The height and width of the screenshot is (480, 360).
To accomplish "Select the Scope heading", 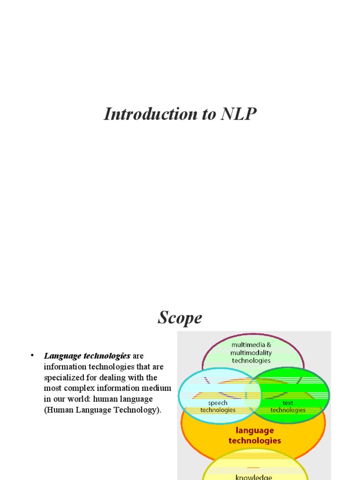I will pos(180,318).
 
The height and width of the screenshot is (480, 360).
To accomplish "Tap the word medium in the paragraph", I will pos(157,388).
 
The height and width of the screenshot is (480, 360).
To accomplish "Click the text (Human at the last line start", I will pos(58,410).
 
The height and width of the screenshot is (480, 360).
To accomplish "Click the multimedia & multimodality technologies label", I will pos(251,352).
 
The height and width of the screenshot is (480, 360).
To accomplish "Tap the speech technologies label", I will pos(217,406).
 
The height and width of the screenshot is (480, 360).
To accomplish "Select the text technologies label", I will pos(288,406).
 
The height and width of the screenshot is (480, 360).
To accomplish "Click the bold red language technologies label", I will pos(255,435).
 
